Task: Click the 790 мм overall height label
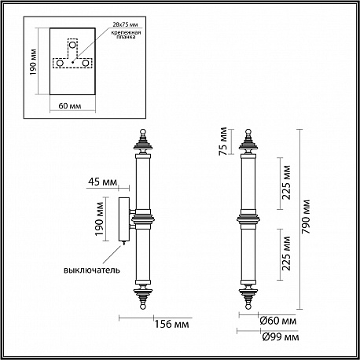[306, 217]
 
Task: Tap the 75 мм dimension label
[223, 141]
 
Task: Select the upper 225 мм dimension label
[286, 182]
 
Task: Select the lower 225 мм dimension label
[286, 253]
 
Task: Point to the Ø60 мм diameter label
[278, 321]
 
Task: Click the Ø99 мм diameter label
[281, 337]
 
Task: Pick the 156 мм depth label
[171, 324]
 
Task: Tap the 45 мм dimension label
[102, 182]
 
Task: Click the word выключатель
[92, 270]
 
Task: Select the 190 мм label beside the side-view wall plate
[100, 219]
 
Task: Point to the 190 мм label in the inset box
[33, 62]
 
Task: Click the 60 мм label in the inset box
[70, 106]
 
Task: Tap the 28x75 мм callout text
[125, 24]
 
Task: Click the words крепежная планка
[126, 35]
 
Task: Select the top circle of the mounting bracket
[72, 45]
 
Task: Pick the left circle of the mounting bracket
[60, 64]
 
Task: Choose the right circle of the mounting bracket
[86, 64]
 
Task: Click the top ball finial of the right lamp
[248, 132]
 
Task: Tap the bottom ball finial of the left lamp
[143, 307]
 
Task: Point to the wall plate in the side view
[123, 219]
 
